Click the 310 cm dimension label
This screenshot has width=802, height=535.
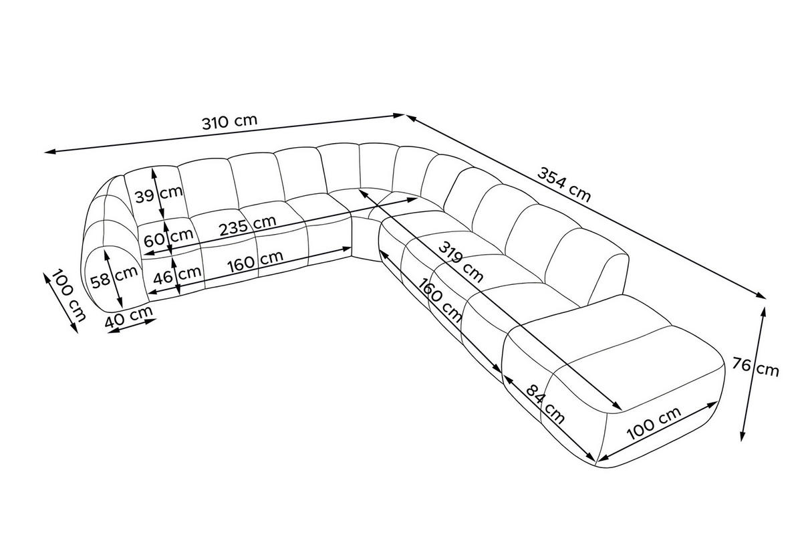coord(230,122)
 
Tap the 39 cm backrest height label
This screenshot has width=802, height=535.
coord(159,195)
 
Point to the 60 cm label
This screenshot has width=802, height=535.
coord(168,238)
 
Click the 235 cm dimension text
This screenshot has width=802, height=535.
coord(248,225)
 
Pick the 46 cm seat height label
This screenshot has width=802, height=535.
coord(177,276)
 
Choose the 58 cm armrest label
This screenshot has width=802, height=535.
coord(114,278)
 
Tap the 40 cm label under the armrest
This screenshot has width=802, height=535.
coord(129,318)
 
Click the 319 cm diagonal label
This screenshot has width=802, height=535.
coord(460,261)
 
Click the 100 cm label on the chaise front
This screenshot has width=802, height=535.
coord(654,423)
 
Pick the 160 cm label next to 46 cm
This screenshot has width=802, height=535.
coord(255,261)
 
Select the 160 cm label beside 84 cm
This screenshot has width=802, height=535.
coord(440,300)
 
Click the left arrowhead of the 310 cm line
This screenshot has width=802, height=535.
coord(49,152)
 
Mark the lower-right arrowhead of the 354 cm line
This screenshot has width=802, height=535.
coord(761,296)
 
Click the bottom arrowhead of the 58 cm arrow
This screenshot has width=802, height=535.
coord(120,302)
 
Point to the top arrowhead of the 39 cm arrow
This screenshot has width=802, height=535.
coord(154,174)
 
